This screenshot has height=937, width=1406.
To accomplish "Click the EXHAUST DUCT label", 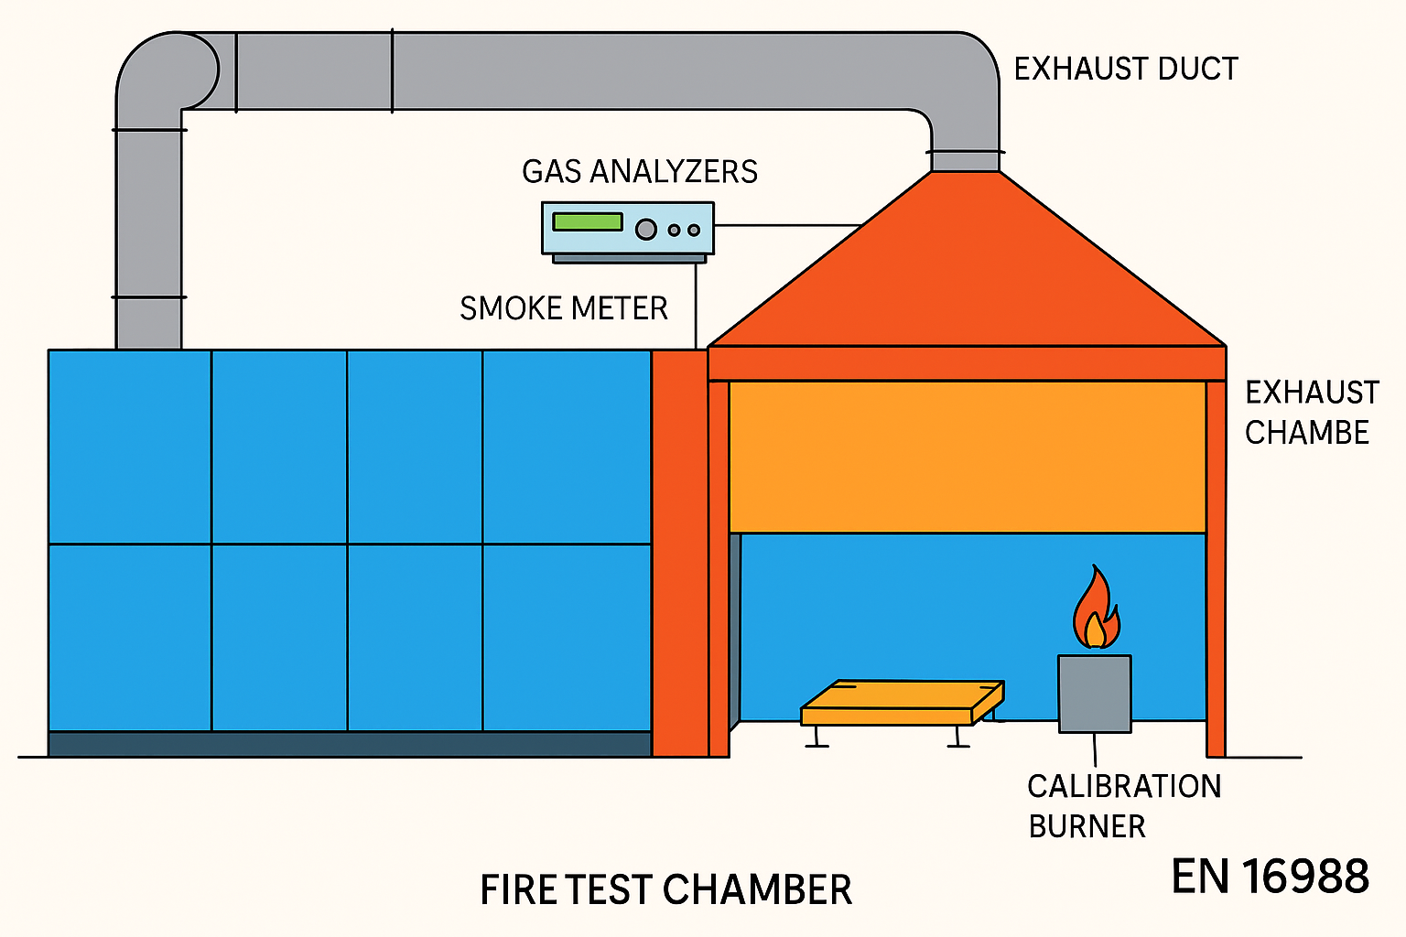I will pyautogui.click(x=1126, y=69).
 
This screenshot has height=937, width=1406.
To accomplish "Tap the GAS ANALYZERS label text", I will pyautogui.click(x=640, y=171).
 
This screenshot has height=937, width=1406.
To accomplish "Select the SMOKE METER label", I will pyautogui.click(x=563, y=308).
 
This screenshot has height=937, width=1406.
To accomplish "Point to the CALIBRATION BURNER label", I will pyautogui.click(x=1123, y=806).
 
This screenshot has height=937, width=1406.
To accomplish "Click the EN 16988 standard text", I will pyautogui.click(x=1270, y=876).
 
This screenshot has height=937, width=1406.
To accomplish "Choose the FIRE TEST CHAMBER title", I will pyautogui.click(x=665, y=889).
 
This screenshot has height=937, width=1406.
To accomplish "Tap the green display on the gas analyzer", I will pyautogui.click(x=587, y=221).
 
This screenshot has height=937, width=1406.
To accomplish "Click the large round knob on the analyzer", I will pyautogui.click(x=646, y=229).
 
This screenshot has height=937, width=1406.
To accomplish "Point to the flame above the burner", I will pyautogui.click(x=1096, y=611).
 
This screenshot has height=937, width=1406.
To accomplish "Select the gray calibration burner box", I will pyautogui.click(x=1095, y=693).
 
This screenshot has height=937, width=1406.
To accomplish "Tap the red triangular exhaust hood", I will pyautogui.click(x=967, y=275).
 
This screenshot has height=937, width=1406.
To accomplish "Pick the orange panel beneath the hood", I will pyautogui.click(x=967, y=456).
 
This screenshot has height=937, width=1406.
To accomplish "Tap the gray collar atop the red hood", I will pyautogui.click(x=966, y=161).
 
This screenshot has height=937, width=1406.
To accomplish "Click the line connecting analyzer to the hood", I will pyautogui.click(x=787, y=225).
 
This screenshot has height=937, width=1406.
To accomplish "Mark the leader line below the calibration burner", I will pyautogui.click(x=1095, y=749).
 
